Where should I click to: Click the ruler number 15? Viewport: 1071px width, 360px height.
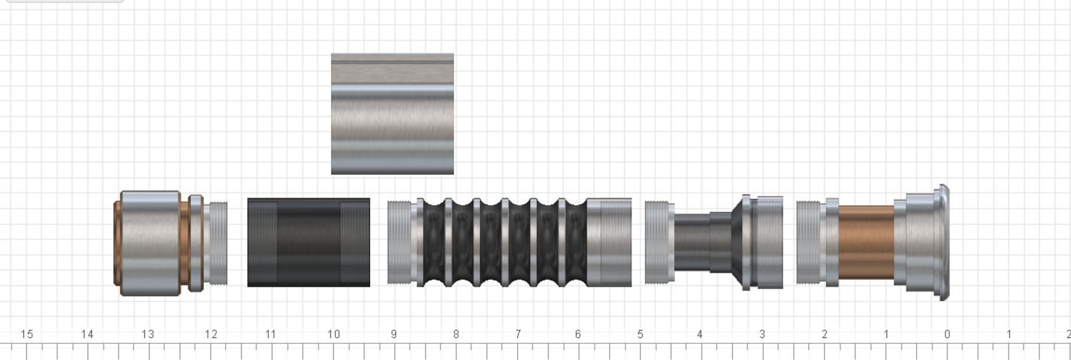coord(27,334)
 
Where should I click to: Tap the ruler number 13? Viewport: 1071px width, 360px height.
coord(148,334)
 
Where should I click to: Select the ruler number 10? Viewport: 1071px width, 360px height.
coord(334,334)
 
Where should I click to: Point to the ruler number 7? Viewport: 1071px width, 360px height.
coord(517,334)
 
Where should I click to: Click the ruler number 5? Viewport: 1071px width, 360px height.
coord(640,334)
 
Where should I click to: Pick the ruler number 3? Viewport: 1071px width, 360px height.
coord(762,334)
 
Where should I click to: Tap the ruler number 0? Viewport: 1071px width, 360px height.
coord(947,334)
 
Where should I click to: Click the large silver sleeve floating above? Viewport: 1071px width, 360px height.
coord(392,114)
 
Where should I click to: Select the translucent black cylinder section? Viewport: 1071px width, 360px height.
coord(308,243)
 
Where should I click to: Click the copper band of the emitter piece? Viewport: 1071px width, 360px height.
coord(866,243)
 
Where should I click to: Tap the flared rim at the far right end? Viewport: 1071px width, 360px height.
coord(943,243)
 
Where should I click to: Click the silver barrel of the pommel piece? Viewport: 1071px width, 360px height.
coord(151,243)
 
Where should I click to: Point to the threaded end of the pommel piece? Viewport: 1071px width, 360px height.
coord(217,243)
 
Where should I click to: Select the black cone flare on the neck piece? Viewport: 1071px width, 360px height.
coord(736,243)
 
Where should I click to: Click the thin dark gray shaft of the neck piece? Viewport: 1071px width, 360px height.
coord(692,243)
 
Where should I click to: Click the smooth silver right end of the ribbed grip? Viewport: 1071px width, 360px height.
coord(609,243)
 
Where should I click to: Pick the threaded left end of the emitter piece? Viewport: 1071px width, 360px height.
coord(808,243)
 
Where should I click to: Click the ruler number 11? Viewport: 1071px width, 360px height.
coord(270,334)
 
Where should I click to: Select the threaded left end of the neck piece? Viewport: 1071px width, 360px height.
coord(658,243)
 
